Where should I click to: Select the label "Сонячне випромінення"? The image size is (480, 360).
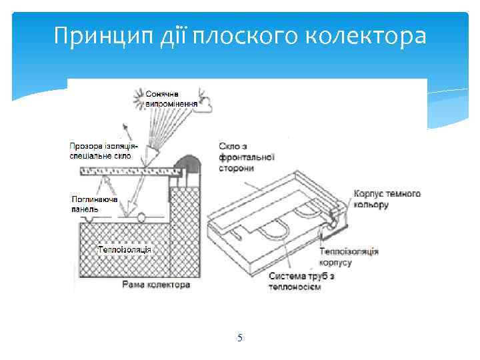coord(171,99)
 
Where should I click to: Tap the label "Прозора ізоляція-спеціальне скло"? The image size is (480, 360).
coord(105,150)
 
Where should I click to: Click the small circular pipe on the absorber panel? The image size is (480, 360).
coord(142,217)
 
